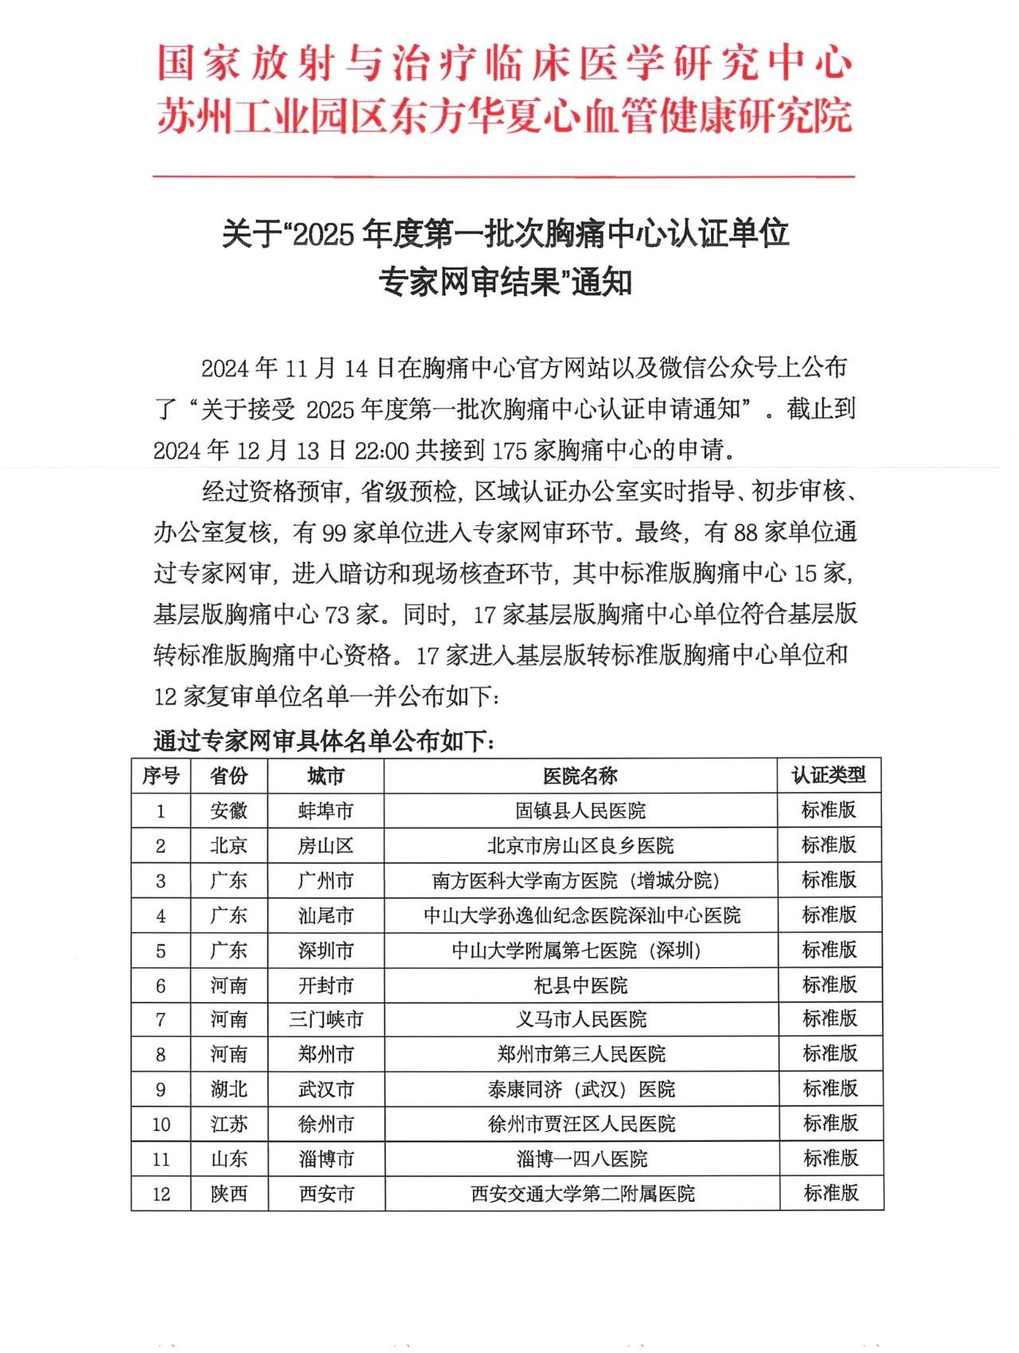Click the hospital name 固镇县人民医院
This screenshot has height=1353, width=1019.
point(580,811)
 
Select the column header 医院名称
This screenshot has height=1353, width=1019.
point(580,776)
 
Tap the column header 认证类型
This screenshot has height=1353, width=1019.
point(829,775)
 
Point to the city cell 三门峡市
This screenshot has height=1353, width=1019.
point(326,1020)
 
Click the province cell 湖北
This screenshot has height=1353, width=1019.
point(228,1089)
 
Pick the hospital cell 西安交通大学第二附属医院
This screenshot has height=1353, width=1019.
point(582,1194)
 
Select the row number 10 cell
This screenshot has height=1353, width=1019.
point(161,1125)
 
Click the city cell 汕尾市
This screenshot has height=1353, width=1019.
point(326,916)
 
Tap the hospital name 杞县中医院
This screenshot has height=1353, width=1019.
point(580,985)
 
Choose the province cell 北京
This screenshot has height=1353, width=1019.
point(228,846)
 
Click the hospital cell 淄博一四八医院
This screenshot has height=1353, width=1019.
point(582,1159)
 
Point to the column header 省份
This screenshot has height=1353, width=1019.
point(228,776)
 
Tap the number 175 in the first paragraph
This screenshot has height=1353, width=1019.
point(509,450)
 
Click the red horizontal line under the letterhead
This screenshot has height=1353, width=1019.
point(503,176)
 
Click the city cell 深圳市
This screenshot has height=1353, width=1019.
point(326,950)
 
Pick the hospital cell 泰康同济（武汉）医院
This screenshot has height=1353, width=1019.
point(582,1089)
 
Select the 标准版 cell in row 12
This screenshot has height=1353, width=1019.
point(831,1193)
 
